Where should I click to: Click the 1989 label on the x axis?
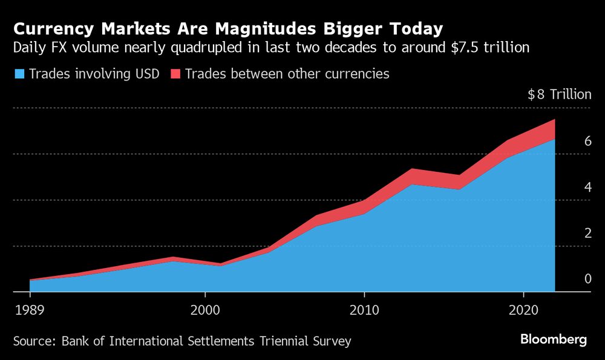point(30,310)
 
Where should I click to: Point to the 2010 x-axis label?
point(364,310)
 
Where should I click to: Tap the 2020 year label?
point(523,310)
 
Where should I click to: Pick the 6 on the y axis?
point(570,141)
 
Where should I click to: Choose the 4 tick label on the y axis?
point(570,187)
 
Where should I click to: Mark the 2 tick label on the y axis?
point(570,233)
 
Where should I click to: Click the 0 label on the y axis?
point(570,279)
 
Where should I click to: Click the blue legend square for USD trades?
point(19,74)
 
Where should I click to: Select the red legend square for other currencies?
point(175,74)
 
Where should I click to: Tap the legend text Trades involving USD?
point(94,74)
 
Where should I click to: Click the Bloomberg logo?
point(554,339)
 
